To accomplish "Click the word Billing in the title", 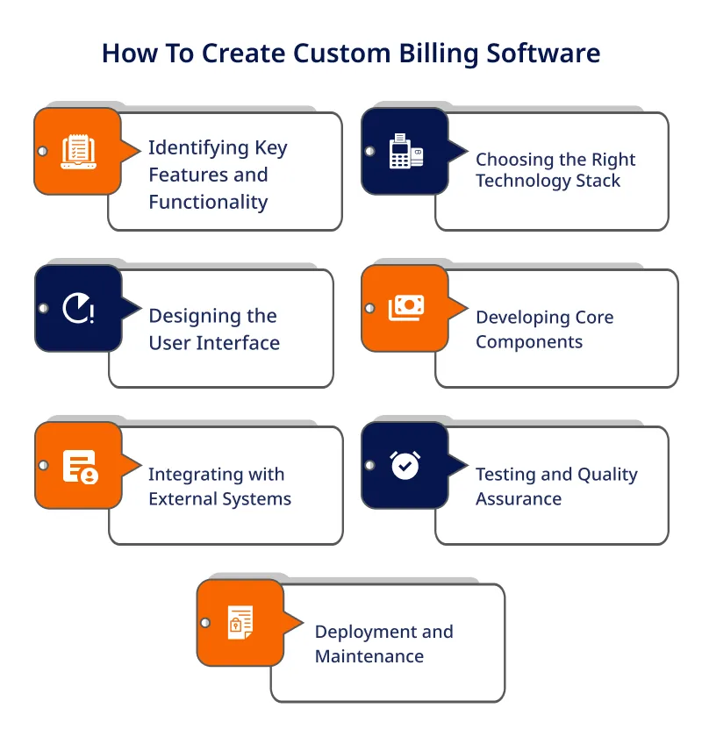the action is click(439, 54).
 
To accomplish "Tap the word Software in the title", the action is click(543, 53).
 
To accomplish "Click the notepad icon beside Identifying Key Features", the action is click(79, 152).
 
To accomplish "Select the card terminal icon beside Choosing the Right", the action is click(406, 151).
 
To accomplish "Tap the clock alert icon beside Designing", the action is click(79, 308).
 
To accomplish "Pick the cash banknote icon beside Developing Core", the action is click(406, 307).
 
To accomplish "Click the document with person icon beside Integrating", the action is click(81, 467).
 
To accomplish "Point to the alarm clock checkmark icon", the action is click(405, 465).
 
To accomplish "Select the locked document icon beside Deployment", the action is click(240, 623).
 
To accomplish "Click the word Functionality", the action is click(208, 203).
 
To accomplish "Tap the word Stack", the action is click(598, 181).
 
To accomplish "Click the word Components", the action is click(529, 342).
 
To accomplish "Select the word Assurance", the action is click(519, 499).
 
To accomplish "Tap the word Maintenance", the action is click(369, 656).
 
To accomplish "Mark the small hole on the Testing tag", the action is click(370, 465).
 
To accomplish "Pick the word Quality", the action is click(607, 476).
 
